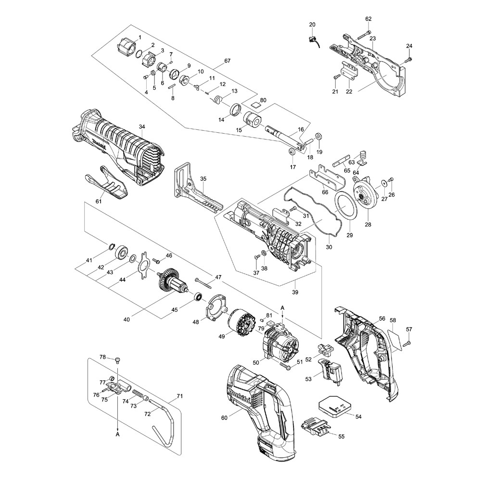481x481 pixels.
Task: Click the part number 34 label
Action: pyautogui.click(x=141, y=127)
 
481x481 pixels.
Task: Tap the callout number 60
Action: pyautogui.click(x=224, y=418)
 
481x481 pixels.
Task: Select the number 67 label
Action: pyautogui.click(x=228, y=62)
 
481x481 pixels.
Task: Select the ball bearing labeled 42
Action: pyautogui.click(x=120, y=251)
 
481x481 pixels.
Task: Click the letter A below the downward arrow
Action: pyautogui.click(x=118, y=433)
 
